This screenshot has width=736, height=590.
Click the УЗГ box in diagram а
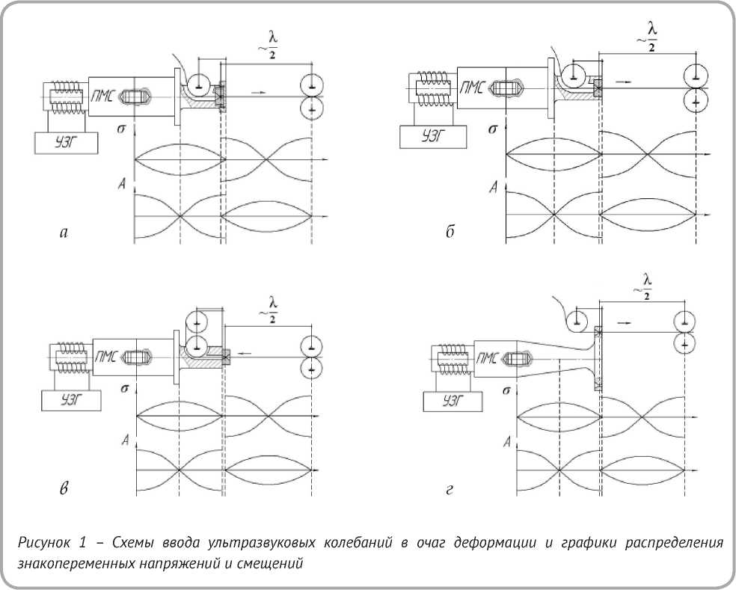click(x=65, y=142)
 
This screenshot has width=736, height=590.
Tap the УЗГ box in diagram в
click(x=66, y=400)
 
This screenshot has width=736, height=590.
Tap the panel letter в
click(x=64, y=489)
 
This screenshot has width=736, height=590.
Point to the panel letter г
click(x=450, y=490)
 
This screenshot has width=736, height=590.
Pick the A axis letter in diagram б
click(x=492, y=186)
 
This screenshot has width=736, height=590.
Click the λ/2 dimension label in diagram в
click(x=272, y=310)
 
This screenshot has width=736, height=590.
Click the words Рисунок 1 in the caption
click(x=54, y=543)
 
